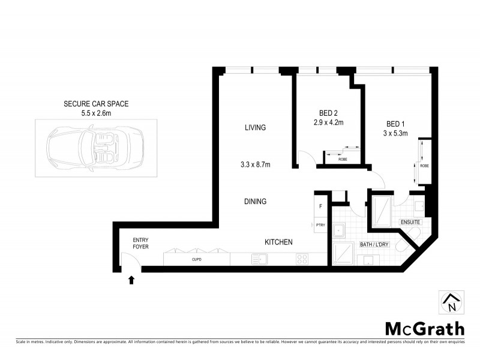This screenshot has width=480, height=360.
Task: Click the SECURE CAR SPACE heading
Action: click(x=96, y=104)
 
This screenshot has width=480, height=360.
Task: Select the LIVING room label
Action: click(x=255, y=128)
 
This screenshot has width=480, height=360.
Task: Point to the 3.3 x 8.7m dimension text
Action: click(x=255, y=164)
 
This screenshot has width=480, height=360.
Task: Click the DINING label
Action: click(x=255, y=202)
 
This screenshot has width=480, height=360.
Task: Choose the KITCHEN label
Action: click(x=278, y=242)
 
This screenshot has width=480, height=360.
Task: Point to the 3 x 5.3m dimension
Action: click(x=396, y=134)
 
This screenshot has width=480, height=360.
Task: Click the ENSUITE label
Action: click(x=411, y=222)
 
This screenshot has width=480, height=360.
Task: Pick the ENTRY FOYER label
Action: click(x=140, y=243)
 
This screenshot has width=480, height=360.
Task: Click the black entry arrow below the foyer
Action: click(x=131, y=278)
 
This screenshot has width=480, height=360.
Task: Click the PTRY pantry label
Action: click(x=320, y=225)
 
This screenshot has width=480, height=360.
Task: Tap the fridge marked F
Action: click(x=320, y=206)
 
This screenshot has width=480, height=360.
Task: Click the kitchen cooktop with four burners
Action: click(x=302, y=259)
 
